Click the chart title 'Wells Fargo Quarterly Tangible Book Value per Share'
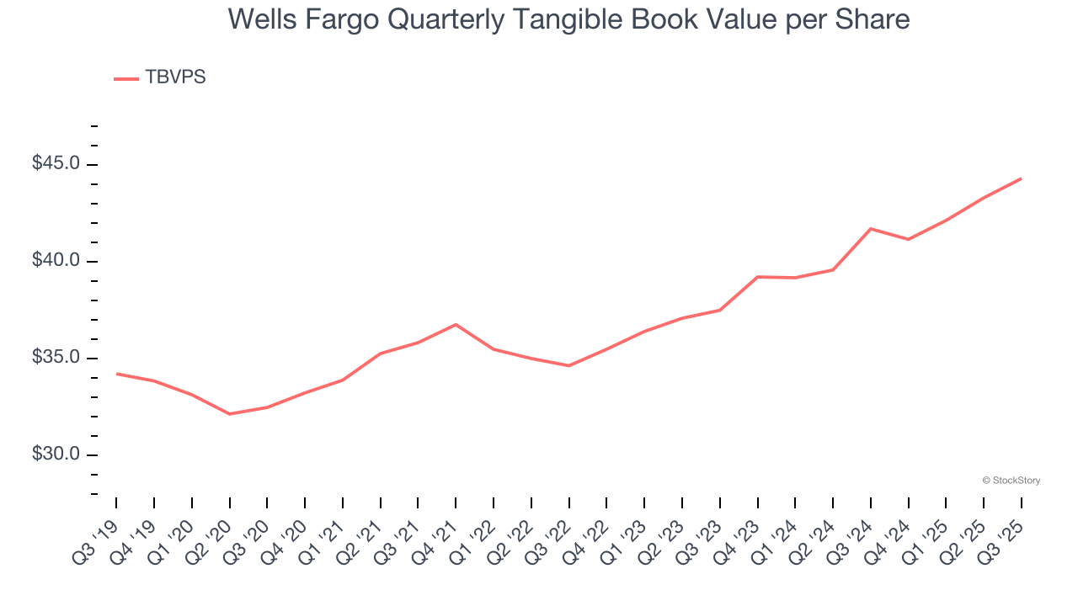coord(568,19)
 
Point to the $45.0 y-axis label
coord(56,163)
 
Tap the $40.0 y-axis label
coord(56,261)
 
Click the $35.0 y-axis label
coord(56,358)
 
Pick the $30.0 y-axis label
coord(56,454)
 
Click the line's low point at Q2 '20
coord(229,413)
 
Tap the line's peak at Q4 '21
coord(456,324)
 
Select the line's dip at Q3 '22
coord(569,365)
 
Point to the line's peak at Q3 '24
coord(871,228)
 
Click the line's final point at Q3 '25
coord(1022,178)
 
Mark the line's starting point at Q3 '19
coord(116,373)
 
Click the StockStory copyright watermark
coord(1011,481)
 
